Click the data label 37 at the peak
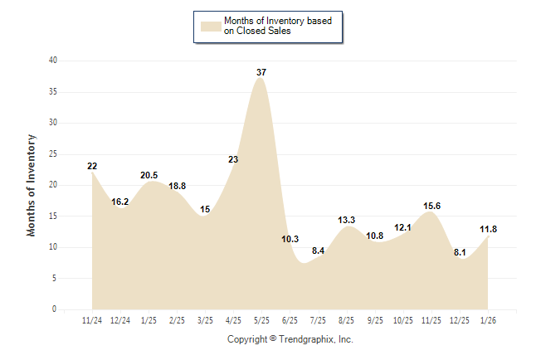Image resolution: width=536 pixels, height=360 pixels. [261, 73]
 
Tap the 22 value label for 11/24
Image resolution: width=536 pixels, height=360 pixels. [92, 166]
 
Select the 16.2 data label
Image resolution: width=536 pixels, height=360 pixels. [120, 202]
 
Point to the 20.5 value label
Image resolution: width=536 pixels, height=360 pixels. [149, 175]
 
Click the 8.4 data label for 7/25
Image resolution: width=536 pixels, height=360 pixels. [318, 251]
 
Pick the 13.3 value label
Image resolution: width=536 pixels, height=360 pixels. [346, 220]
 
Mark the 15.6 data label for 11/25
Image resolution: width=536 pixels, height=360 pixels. [431, 206]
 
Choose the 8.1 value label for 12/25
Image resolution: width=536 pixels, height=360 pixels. [459, 252]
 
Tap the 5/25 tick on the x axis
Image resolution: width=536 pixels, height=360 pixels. [261, 319]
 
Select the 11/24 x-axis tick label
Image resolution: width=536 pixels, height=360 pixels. [92, 319]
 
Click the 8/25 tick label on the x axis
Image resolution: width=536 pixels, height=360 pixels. [346, 319]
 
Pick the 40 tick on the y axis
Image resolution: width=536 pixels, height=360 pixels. [53, 61]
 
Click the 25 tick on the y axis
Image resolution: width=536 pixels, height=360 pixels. [53, 154]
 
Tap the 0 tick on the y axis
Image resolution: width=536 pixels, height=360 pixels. [55, 309]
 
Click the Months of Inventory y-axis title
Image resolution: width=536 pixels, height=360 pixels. [32, 185]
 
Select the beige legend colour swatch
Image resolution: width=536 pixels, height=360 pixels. [210, 26]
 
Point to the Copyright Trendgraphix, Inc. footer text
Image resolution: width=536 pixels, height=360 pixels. [290, 339]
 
